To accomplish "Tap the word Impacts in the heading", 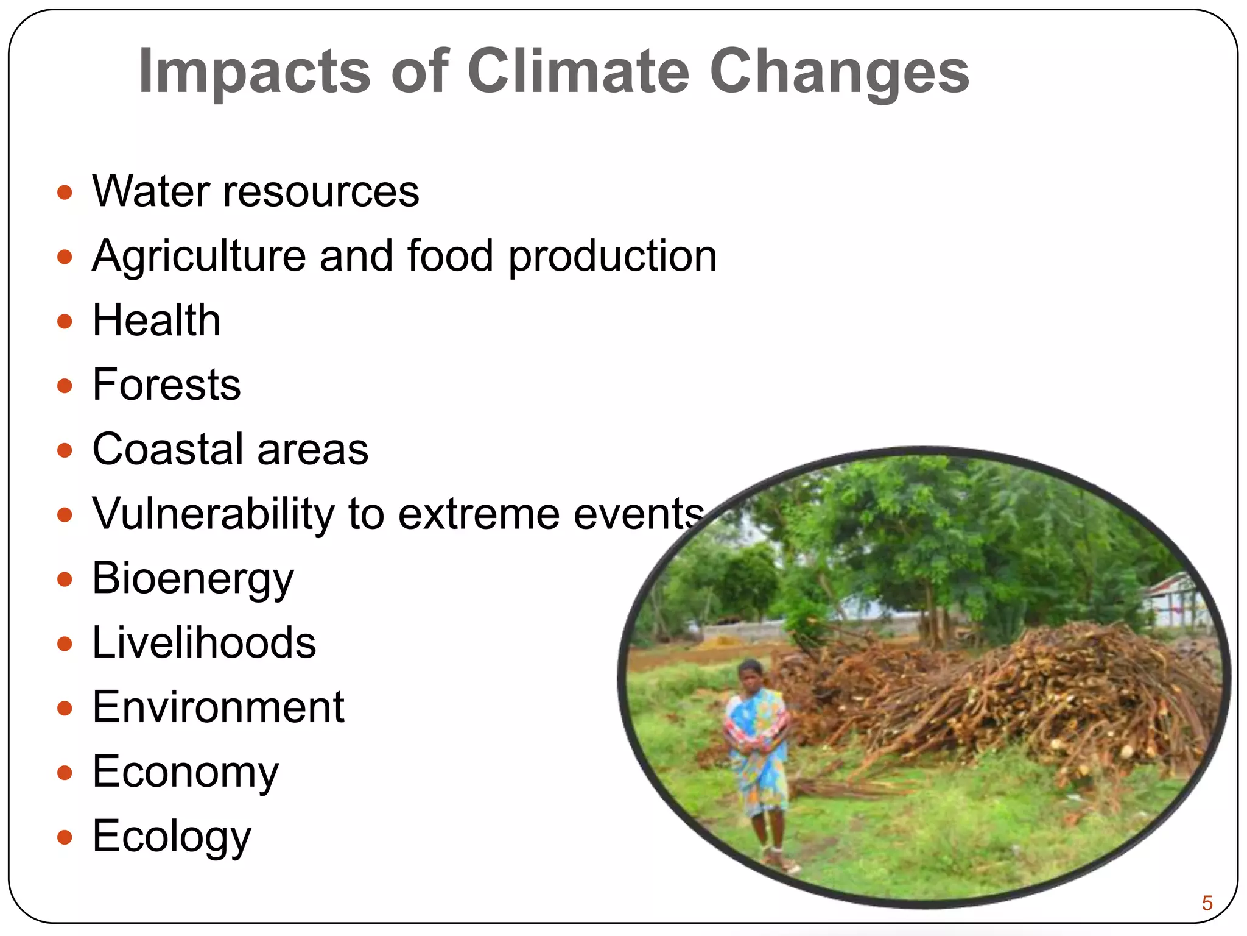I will coord(255,71).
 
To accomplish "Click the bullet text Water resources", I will coord(256,191).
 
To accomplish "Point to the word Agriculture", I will coord(199,256).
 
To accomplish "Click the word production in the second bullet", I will coord(613,256).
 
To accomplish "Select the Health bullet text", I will coord(156,321).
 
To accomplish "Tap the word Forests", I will coord(166,385).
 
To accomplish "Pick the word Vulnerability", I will coord(213,514).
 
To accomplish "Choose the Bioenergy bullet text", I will coord(193,579).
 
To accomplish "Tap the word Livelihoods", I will coord(204,643).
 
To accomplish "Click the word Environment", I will coord(218,707).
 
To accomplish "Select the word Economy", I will coord(186,773).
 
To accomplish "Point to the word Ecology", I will coord(172,837).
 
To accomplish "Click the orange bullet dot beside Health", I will coord(65,321).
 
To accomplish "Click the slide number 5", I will coord(1207,902).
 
